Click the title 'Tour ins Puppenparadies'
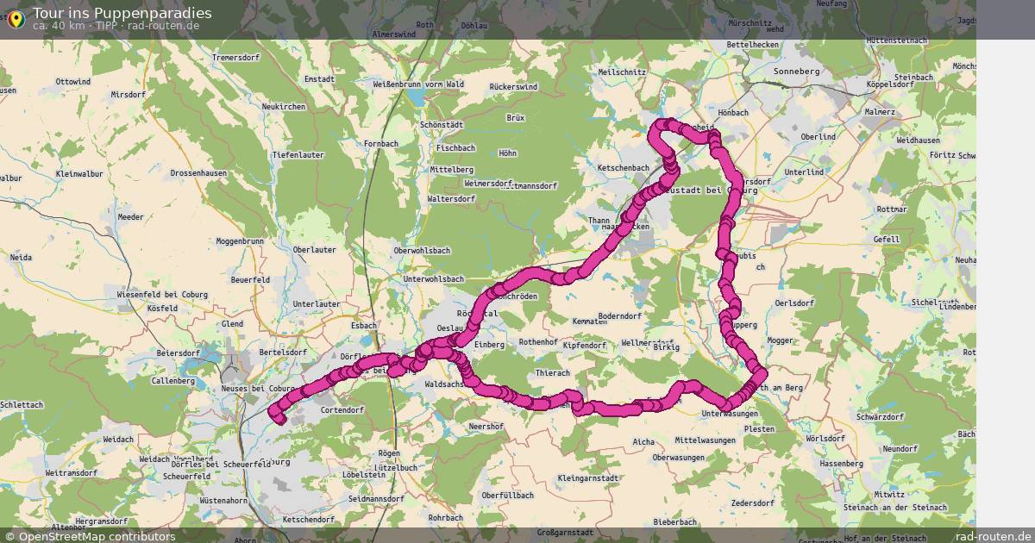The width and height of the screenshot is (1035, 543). tap(122, 13)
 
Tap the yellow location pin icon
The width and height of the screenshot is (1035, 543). tap(15, 18)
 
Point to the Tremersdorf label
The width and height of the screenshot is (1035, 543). tap(235, 58)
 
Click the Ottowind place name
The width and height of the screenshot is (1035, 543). tap(72, 81)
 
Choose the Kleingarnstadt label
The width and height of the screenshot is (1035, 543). tap(588, 477)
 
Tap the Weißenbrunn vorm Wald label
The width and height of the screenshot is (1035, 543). tap(418, 84)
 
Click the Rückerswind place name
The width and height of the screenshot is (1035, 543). tap(513, 87)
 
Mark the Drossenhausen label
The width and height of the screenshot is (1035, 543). tap(198, 172)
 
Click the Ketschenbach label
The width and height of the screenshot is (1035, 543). tap(622, 167)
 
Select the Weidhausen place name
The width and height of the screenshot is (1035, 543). tap(918, 140)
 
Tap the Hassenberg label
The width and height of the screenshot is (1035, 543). tap(841, 464)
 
